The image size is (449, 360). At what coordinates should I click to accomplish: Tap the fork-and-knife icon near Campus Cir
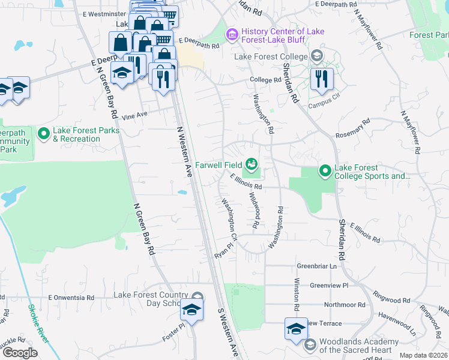coord(321,78)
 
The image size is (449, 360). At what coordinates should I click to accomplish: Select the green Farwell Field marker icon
coord(252,164)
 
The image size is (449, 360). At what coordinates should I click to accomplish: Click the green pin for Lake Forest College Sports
coord(325,172)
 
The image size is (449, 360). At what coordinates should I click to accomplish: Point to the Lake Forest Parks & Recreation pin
coord(43,134)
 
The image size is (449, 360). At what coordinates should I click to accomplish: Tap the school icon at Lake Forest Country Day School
coord(193,310)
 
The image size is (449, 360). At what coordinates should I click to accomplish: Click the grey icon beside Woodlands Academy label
coord(310,344)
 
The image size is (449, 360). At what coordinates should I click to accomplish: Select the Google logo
coord(20,353)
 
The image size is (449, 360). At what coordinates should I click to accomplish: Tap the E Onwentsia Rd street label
coord(71,297)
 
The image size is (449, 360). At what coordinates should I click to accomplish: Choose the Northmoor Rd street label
coord(344,305)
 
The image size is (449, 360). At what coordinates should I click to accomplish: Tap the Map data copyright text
coord(423,355)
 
